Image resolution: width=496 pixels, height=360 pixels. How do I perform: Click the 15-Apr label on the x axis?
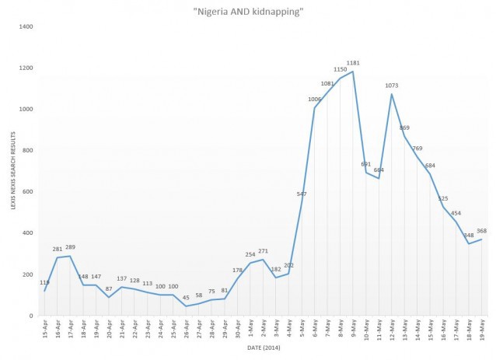click(x=46, y=330)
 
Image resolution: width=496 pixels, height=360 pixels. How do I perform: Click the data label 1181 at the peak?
click(x=354, y=63)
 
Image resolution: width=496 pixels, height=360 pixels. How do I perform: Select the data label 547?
click(x=302, y=194)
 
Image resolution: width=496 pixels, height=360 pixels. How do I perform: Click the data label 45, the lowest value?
click(x=187, y=297)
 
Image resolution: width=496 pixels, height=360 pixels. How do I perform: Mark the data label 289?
click(x=71, y=247)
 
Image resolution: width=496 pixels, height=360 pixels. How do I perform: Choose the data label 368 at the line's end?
click(x=482, y=231)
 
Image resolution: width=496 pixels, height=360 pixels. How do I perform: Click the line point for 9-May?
click(x=354, y=72)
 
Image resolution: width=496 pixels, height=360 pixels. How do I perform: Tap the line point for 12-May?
click(x=392, y=94)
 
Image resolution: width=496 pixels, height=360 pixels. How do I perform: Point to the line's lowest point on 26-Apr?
click(x=187, y=306)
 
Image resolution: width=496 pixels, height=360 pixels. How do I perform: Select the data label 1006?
click(x=315, y=99)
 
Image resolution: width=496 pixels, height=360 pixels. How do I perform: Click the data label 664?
click(x=379, y=170)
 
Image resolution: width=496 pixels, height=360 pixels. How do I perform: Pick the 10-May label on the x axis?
click(x=367, y=330)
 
